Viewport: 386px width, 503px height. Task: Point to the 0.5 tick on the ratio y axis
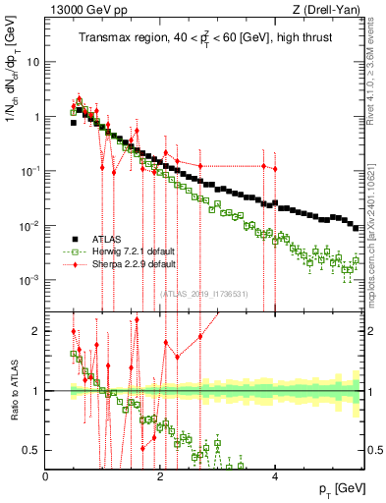pos(33,450)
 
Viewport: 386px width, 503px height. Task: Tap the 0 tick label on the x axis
pos(46,475)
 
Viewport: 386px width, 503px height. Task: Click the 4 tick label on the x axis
pos(275,475)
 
